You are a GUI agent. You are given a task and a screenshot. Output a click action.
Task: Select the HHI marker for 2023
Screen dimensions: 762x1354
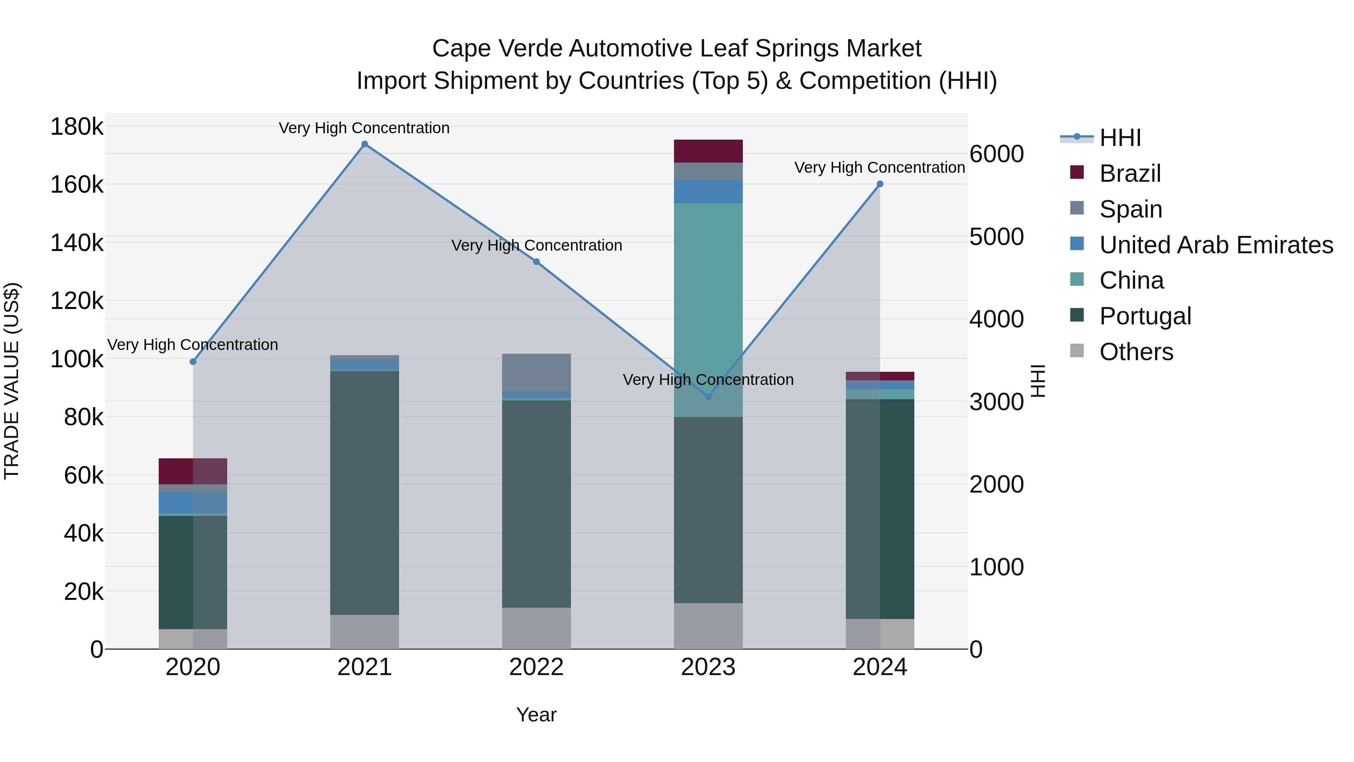point(708,397)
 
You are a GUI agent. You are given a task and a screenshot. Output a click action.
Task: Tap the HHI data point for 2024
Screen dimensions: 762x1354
point(880,184)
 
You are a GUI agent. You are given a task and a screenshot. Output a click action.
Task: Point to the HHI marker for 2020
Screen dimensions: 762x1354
point(193,362)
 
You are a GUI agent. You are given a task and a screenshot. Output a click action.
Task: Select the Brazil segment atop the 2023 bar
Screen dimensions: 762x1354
point(708,151)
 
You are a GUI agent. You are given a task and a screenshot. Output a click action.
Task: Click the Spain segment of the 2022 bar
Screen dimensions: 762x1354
point(536,372)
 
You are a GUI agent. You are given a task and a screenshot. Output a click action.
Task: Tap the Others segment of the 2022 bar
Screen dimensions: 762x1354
point(536,628)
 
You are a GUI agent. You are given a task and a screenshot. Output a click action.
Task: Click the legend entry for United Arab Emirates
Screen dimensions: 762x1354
point(1216,245)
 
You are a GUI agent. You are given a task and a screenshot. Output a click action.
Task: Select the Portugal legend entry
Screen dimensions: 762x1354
point(1145,316)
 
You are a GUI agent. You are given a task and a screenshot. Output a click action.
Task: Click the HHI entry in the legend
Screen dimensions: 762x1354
point(1120,138)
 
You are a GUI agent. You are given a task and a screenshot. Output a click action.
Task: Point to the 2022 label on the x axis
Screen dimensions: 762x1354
point(536,667)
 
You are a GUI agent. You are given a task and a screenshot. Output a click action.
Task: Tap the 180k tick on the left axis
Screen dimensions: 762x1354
point(77,127)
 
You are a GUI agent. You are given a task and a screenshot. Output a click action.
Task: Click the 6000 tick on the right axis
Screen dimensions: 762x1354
point(996,154)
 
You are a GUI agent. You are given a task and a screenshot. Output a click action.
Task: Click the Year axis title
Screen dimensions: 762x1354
point(536,715)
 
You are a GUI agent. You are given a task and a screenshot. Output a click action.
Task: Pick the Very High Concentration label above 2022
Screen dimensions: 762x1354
point(536,246)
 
